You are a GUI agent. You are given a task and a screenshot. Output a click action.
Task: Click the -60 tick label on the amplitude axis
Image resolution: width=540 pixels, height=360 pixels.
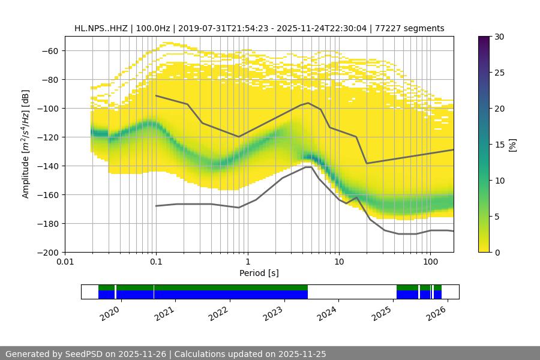coord(50,50)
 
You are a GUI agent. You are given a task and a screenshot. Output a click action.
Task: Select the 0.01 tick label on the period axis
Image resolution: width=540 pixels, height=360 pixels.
coord(65,262)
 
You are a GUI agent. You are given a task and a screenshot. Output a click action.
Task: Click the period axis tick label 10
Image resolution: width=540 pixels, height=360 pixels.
coord(339,262)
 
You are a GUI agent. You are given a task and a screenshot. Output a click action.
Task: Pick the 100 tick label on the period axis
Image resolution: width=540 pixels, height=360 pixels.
coord(430,262)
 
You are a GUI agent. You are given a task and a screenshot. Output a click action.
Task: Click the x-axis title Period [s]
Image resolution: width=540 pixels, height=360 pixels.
coord(259,273)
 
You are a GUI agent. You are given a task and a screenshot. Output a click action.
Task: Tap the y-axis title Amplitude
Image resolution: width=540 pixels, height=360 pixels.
coord(26,144)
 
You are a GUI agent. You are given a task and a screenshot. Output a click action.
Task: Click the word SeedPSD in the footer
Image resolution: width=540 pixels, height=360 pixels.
coord(85,354)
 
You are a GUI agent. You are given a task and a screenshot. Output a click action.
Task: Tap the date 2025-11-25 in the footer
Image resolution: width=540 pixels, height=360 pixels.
coord(302,354)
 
